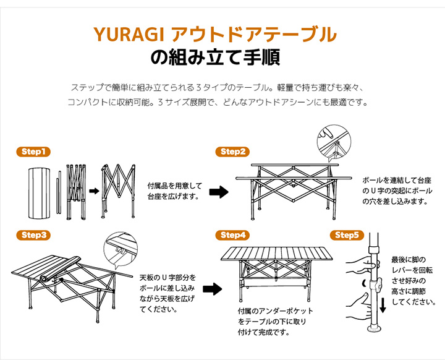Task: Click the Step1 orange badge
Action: pyautogui.click(x=33, y=152)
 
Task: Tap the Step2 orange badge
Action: pyautogui.click(x=232, y=152)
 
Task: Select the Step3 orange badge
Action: pyautogui.click(x=33, y=235)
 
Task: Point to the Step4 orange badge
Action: pyautogui.click(x=232, y=235)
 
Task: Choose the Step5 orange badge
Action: pyautogui.click(x=347, y=235)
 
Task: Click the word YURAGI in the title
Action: pyautogui.click(x=129, y=35)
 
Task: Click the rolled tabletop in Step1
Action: pyautogui.click(x=39, y=193)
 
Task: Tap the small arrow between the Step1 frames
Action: pyautogui.click(x=94, y=191)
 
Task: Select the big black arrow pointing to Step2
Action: pyautogui.click(x=219, y=192)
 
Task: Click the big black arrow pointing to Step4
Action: pyautogui.click(x=213, y=289)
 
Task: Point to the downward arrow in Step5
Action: pyautogui.click(x=383, y=305)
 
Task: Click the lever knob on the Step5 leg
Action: pyautogui.click(x=378, y=285)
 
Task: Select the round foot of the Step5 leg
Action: pyautogui.click(x=375, y=329)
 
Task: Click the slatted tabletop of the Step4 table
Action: pyautogui.click(x=276, y=254)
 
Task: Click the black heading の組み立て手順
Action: pyautogui.click(x=215, y=58)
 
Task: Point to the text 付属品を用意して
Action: pyautogui.click(x=175, y=186)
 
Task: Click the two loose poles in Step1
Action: pyautogui.click(x=59, y=192)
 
